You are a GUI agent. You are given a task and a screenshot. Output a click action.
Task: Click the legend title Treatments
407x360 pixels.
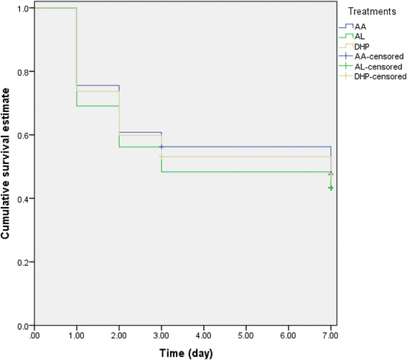coord(373,12)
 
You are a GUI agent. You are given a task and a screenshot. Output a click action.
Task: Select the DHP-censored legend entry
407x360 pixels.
coord(378,76)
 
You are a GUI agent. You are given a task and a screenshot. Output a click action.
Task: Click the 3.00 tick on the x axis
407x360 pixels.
coord(162,336)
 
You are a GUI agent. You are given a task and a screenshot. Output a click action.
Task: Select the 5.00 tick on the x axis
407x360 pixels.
coord(246,336)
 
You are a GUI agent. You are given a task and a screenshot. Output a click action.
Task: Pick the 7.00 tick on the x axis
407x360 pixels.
coord(331,336)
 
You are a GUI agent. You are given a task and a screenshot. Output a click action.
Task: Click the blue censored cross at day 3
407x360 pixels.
coord(162,147)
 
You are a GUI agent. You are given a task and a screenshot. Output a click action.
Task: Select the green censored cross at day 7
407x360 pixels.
coord(331,188)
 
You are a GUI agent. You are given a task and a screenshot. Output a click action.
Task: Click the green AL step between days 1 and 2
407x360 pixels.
coord(98,106)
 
